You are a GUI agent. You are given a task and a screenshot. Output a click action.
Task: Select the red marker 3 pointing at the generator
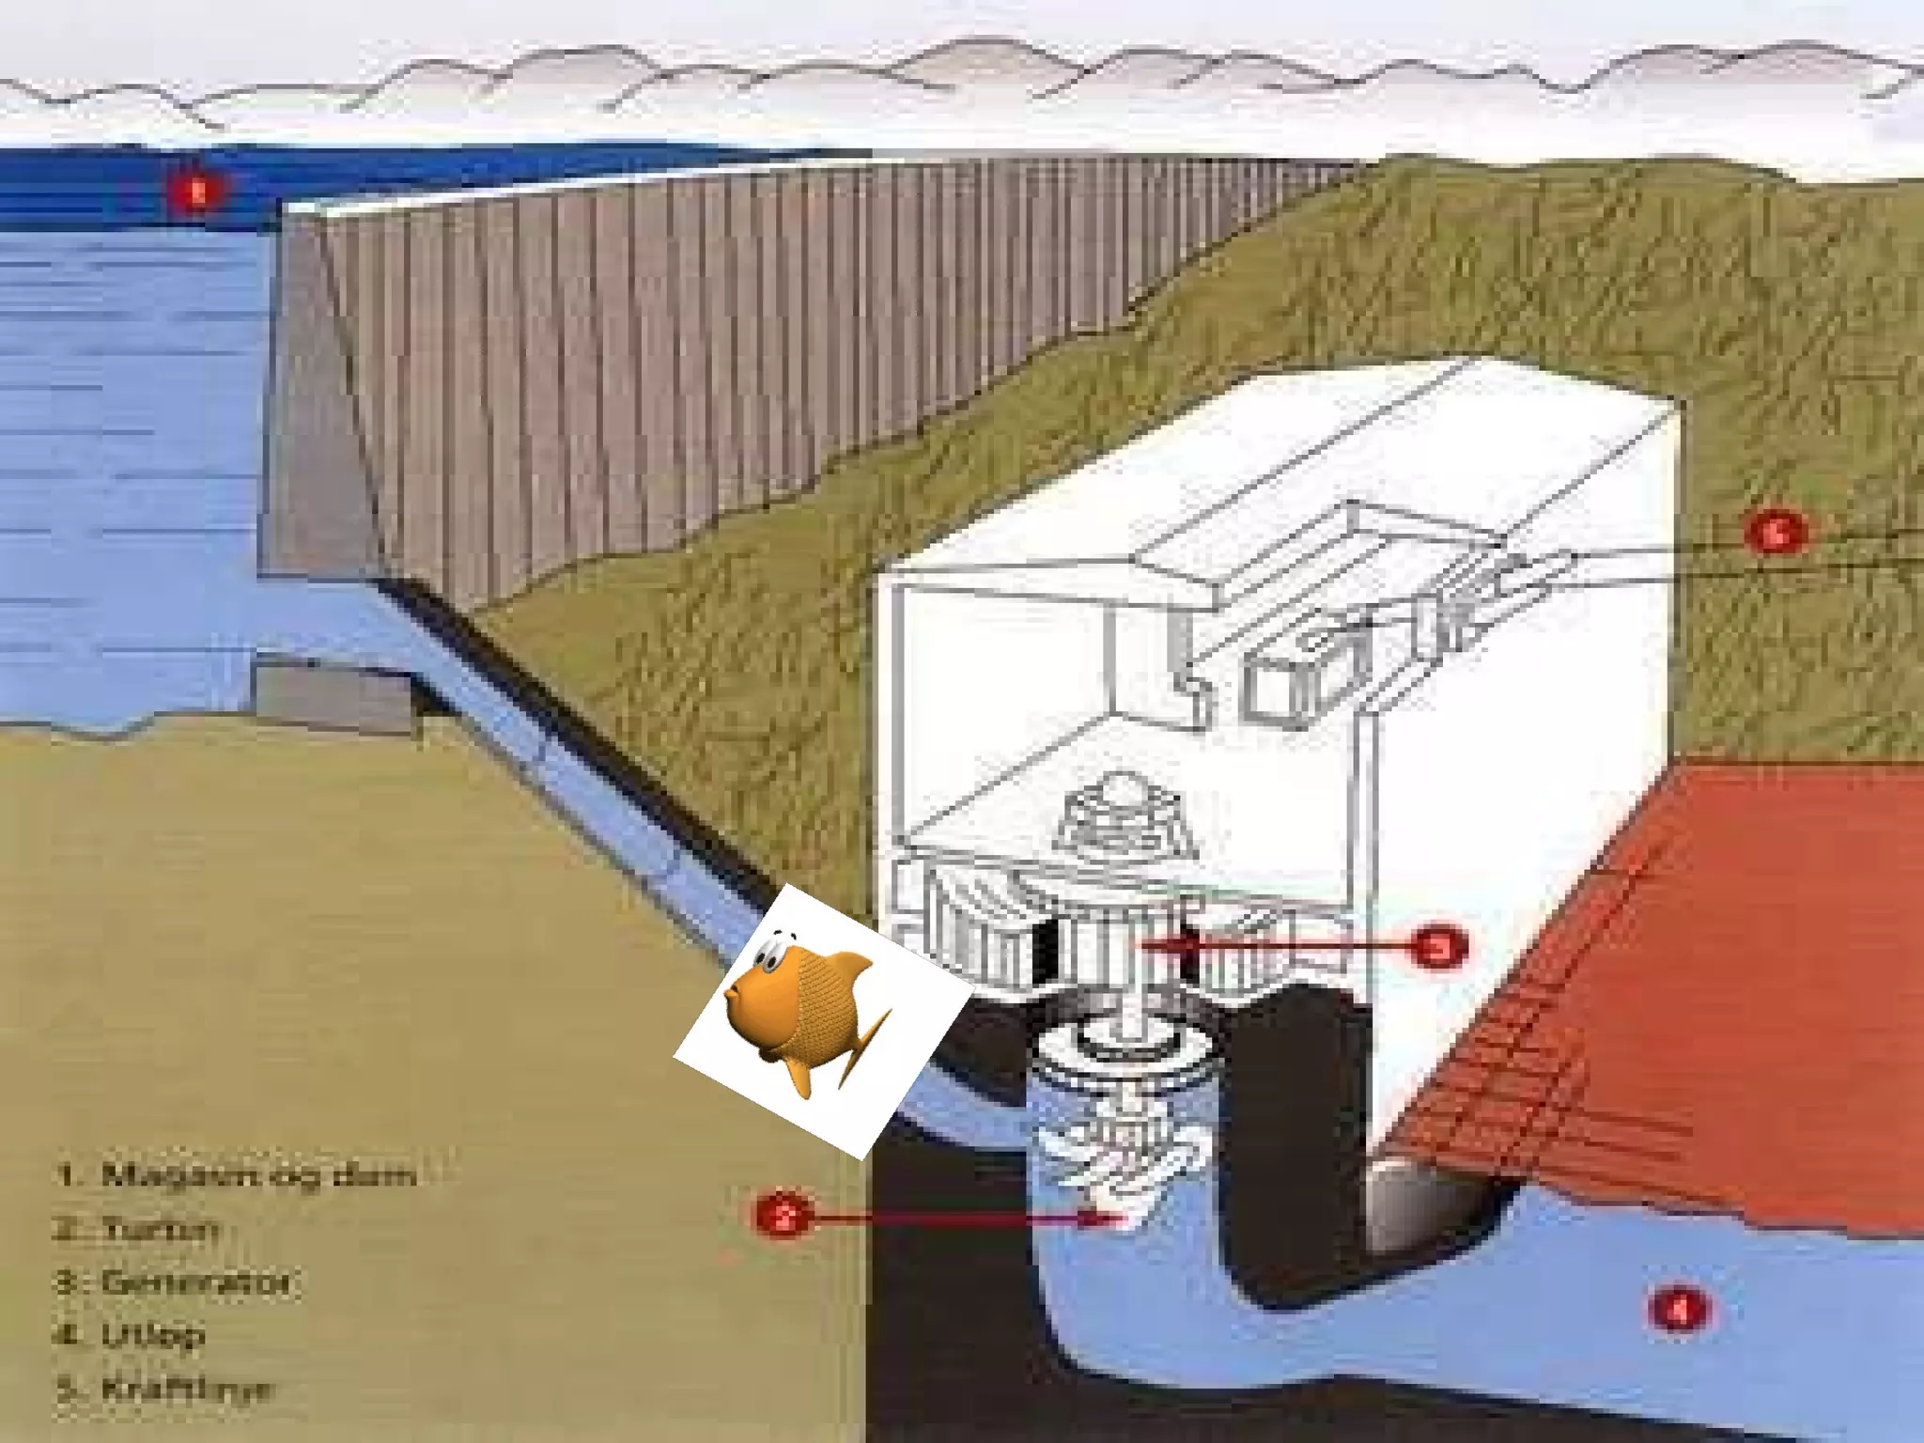(1438, 948)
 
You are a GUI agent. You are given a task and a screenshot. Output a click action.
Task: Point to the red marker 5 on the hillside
(1775, 534)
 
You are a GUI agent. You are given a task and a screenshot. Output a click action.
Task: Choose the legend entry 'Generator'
(175, 1282)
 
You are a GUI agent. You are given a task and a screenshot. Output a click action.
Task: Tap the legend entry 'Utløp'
(132, 1335)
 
